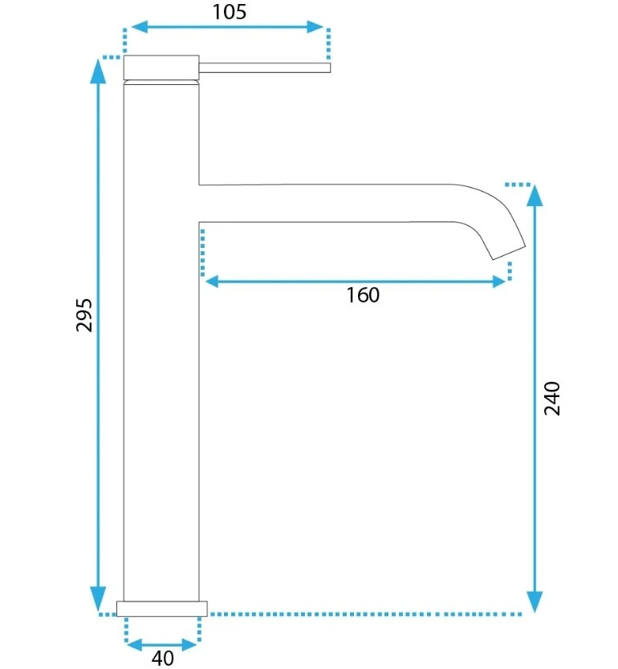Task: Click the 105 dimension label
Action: tap(230, 12)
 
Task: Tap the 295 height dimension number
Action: tap(84, 315)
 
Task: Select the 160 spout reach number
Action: tap(362, 295)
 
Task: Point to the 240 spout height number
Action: tap(552, 398)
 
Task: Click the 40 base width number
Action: tap(163, 658)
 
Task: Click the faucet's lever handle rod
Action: tap(265, 67)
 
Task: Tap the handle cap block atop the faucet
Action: tap(161, 67)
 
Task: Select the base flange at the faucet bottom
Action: tap(162, 609)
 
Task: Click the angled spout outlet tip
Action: tap(509, 253)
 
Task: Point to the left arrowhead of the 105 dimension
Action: tap(140, 27)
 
